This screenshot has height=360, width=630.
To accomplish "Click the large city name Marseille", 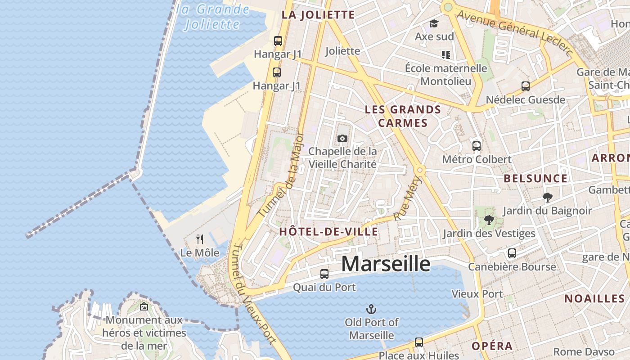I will coord(385,264).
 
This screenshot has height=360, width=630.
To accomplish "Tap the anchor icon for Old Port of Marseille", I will coord(371,309).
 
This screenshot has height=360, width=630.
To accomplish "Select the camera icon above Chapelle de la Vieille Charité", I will coord(342,138).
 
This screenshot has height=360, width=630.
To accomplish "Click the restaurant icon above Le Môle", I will coord(200,239).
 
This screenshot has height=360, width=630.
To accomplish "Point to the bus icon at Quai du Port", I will coord(324,274).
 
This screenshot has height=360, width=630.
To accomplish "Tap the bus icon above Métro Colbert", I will coord(477,146).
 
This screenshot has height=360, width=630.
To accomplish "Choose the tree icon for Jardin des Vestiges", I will coord(489,220).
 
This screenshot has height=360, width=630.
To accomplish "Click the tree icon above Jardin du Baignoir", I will coord(547,197).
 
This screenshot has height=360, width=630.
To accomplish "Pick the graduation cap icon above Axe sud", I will coord(434,23).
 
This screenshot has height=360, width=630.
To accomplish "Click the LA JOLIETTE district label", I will coord(318,15).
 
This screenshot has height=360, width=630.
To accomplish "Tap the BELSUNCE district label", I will coord(535,178).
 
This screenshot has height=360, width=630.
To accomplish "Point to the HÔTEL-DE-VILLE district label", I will coord(328,232).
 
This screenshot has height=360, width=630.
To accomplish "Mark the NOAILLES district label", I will coord(594,298).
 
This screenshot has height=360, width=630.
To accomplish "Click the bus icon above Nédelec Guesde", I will coord(525,86).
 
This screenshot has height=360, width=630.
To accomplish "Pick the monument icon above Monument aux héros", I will coord(144,307).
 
